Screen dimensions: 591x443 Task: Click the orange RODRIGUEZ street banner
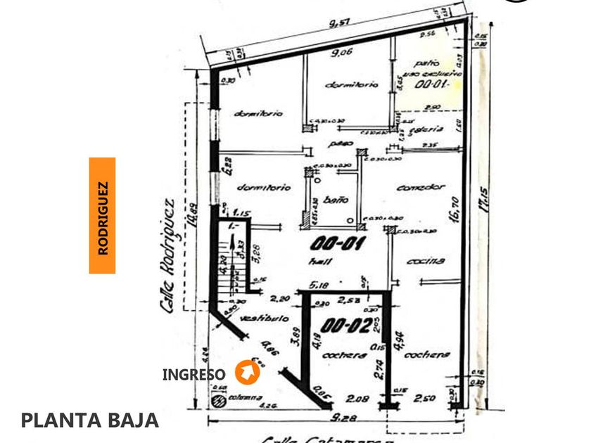coord(102,215)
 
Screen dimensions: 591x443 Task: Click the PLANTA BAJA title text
coord(90,420)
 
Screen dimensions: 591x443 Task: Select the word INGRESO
coord(194,375)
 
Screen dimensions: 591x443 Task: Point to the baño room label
coord(336,201)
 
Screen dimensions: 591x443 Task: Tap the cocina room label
coord(426,260)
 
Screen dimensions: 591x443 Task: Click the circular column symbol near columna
coord(216,400)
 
